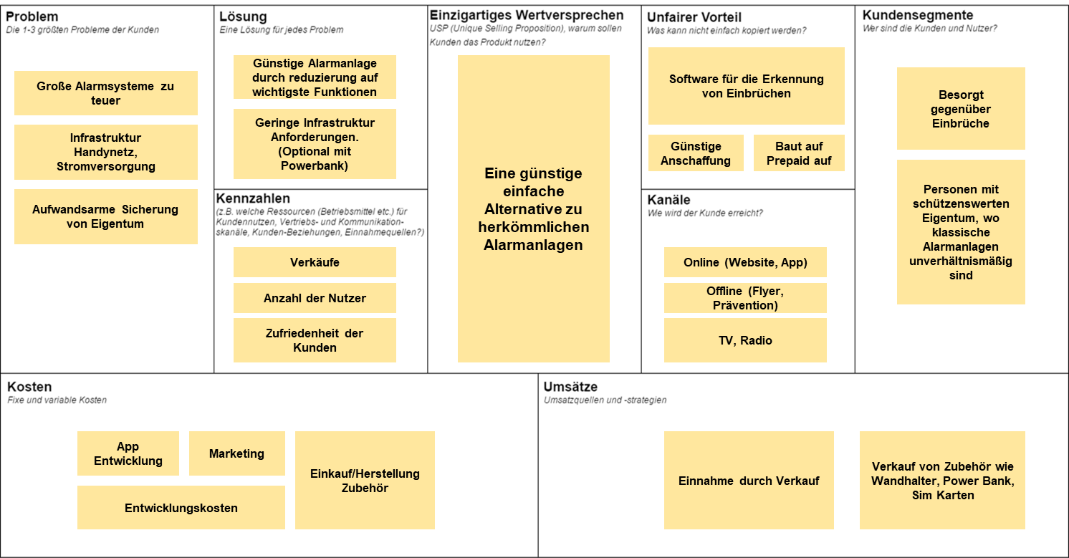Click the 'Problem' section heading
pyautogui.click(x=32, y=16)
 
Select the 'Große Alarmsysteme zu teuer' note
pyautogui.click(x=106, y=93)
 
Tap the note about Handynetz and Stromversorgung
pyautogui.click(x=106, y=152)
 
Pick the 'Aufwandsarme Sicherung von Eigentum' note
pyautogui.click(x=106, y=216)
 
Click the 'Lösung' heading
pyautogui.click(x=243, y=16)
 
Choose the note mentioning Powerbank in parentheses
pyautogui.click(x=315, y=144)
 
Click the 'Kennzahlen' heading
pyautogui.click(x=253, y=198)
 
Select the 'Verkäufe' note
pyautogui.click(x=315, y=262)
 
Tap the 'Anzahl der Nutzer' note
pyautogui.click(x=315, y=298)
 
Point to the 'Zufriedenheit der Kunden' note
pyautogui.click(x=315, y=340)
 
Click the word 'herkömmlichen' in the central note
pyautogui.click(x=534, y=227)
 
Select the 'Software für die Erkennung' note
pyautogui.click(x=747, y=86)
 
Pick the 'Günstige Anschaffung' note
pyautogui.click(x=696, y=153)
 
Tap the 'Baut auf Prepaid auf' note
pyautogui.click(x=799, y=153)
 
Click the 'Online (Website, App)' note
pyautogui.click(x=745, y=262)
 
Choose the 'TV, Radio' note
pyautogui.click(x=745, y=340)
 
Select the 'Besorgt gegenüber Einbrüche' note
pyautogui.click(x=961, y=109)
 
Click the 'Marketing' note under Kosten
pyautogui.click(x=236, y=453)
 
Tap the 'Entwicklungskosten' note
pyautogui.click(x=181, y=507)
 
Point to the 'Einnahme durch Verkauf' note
pyautogui.click(x=749, y=480)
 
